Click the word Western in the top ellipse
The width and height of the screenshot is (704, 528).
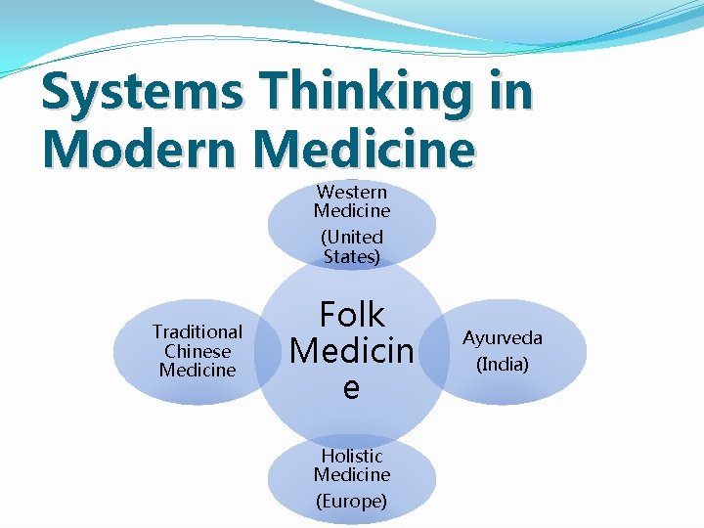click(352, 192)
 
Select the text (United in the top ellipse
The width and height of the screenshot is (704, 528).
click(352, 237)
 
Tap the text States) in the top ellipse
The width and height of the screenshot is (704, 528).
click(352, 257)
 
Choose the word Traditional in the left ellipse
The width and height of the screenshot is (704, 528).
click(198, 331)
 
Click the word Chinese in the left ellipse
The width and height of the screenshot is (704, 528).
click(198, 351)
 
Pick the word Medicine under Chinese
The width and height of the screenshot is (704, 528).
click(198, 370)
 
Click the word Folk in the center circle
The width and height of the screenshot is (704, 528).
click(352, 315)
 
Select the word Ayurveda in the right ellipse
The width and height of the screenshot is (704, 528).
click(503, 338)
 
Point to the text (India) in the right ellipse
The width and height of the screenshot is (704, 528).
click(503, 365)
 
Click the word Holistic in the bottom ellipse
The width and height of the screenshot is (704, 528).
click(352, 456)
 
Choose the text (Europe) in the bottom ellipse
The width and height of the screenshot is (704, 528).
click(352, 501)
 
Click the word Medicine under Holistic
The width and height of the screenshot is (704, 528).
click(352, 474)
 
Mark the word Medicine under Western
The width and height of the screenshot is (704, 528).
click(352, 210)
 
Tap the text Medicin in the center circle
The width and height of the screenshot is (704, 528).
click(352, 350)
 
